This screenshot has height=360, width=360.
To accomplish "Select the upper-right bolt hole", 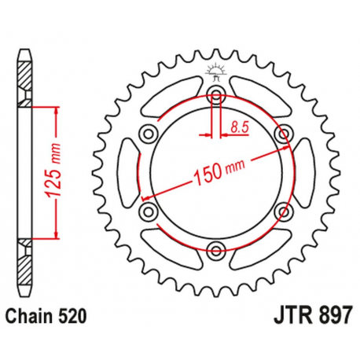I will pyautogui.click(x=284, y=134).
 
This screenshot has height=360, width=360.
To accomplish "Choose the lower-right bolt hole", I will pyautogui.click(x=284, y=212).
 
